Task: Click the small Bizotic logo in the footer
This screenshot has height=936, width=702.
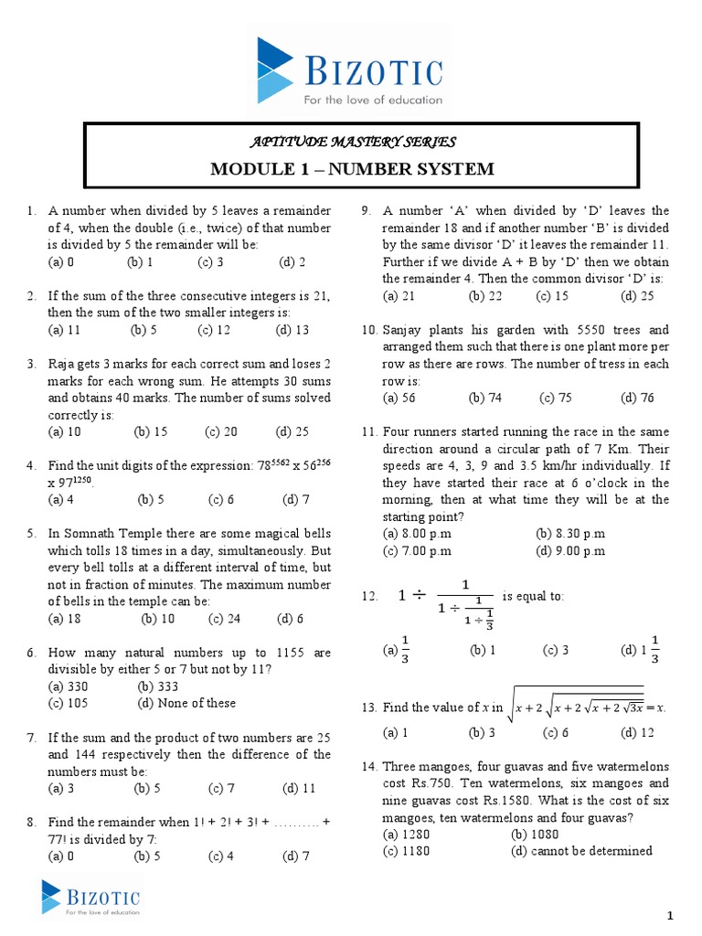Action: point(90,897)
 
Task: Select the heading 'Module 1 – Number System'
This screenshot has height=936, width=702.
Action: point(352,169)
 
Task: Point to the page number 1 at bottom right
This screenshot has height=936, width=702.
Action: point(669,916)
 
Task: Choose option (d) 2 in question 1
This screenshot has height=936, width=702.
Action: point(292,261)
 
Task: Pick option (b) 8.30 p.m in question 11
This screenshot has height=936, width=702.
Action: point(570,534)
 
